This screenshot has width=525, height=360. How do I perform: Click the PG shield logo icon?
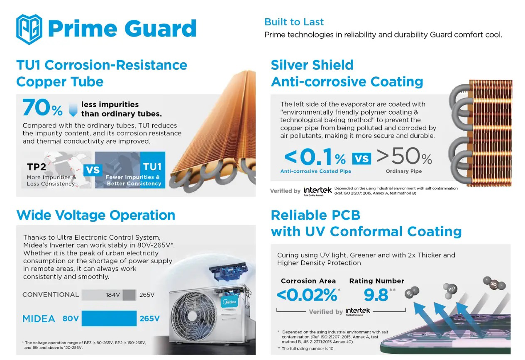coord(29,29)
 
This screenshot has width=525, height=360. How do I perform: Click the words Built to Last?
coord(294,22)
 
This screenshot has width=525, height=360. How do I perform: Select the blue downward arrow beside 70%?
coord(73,109)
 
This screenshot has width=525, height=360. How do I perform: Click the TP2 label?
coord(36,167)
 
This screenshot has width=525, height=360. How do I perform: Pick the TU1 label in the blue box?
coord(152,167)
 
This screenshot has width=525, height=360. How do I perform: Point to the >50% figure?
coord(404,157)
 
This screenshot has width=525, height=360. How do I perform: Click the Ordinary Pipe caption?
coord(403,171)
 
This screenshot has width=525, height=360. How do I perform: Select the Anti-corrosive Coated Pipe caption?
coord(315,171)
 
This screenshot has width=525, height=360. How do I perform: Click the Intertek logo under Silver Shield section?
coord(317,191)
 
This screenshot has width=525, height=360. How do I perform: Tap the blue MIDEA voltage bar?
coord(109,318)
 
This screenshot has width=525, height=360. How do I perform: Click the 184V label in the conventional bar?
coord(112,295)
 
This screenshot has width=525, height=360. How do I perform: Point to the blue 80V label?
coord(71,319)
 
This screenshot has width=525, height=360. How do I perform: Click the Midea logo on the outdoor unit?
coord(230,302)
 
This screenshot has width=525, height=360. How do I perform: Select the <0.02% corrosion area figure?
coord(307,295)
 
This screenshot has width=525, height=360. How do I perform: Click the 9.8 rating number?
coord(376,295)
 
